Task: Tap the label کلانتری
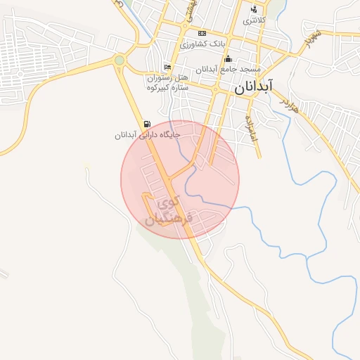tap(255, 20)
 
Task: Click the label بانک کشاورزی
tap(202, 44)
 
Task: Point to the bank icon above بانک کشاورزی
tap(202, 33)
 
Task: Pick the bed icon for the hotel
tap(167, 67)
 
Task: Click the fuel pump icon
tap(146, 123)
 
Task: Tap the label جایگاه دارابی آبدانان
tap(148, 134)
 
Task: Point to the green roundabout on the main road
tap(120, 60)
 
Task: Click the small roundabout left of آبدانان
tap(215, 90)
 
